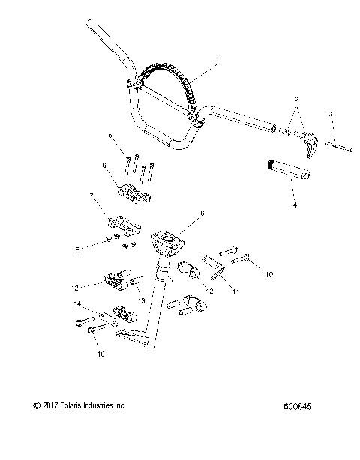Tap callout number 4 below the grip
pyautogui.click(x=294, y=203)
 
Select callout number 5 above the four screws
pyautogui.click(x=110, y=136)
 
